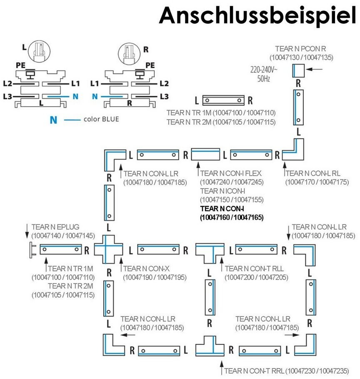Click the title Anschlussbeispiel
257,16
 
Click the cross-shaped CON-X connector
109,249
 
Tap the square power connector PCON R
298,70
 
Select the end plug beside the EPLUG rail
32,250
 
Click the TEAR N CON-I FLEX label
231,173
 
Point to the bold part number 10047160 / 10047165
232,217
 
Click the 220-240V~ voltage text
264,70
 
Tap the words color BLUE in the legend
101,119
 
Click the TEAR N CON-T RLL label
254,269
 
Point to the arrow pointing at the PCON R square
314,70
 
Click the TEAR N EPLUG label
55,227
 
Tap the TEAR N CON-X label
146,269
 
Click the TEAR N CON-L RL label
313,173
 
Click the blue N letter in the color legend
53,120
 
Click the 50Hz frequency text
263,79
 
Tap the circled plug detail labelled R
129,54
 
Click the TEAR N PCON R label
300,49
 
